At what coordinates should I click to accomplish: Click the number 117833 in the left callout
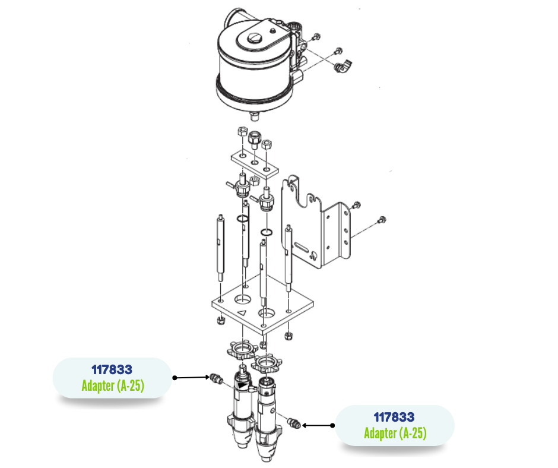tap(112, 370)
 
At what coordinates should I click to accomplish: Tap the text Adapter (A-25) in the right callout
tap(395, 434)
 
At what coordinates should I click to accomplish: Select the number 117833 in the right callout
tap(394, 418)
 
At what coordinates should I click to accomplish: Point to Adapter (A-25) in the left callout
tap(112, 386)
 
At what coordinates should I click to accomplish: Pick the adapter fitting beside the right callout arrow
tap(291, 423)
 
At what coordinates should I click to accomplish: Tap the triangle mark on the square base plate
tap(242, 312)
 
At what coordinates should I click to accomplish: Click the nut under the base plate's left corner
tap(218, 321)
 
